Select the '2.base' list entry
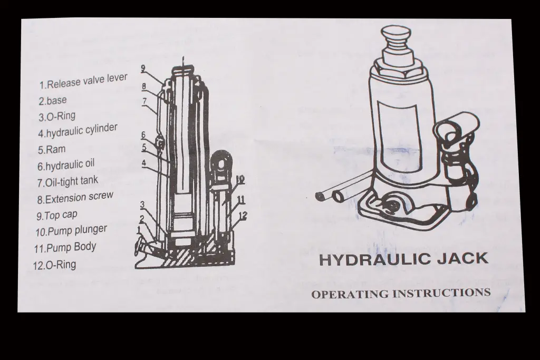[x=53, y=101]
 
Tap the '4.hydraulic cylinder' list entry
[x=78, y=131]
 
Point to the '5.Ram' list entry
[x=52, y=150]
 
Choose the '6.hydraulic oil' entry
[x=66, y=165]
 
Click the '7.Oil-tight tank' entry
[x=67, y=181]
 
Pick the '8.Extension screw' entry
[x=75, y=198]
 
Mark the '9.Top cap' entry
[x=57, y=215]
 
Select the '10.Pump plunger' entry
[x=71, y=230]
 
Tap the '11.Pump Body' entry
[x=65, y=247]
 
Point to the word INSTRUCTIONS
[x=441, y=293]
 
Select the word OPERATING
[x=350, y=294]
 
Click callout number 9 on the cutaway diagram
[x=143, y=68]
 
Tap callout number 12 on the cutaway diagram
[x=243, y=216]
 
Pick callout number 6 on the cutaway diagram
[x=143, y=135]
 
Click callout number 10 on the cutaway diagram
[x=240, y=179]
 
